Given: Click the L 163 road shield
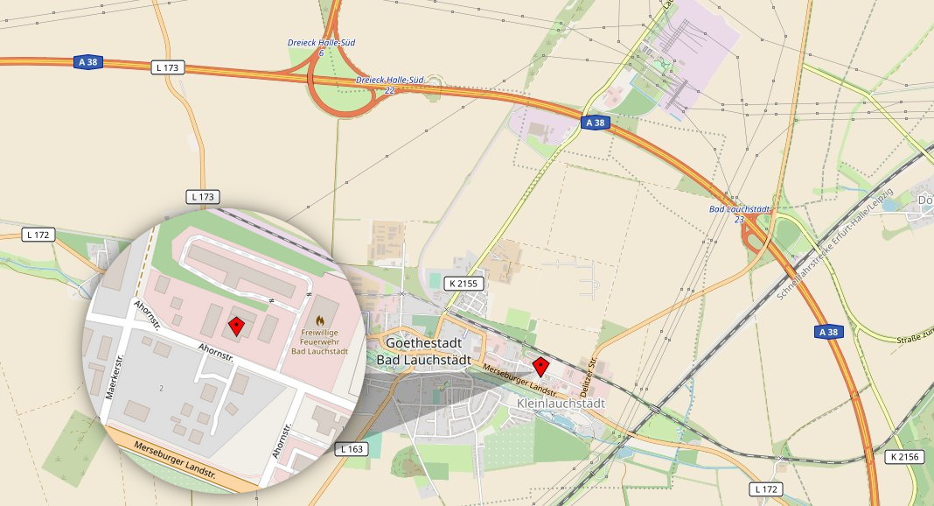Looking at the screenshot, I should [351, 449].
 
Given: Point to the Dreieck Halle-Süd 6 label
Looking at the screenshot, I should [321, 47].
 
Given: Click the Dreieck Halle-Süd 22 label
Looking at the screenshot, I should [390, 85].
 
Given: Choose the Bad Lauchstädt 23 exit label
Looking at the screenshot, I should [739, 214].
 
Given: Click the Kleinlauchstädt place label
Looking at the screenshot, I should [561, 404].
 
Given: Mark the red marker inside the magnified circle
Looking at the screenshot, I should [235, 327].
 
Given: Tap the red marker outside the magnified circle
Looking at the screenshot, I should [540, 365].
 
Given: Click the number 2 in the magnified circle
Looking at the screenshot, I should [161, 386].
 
